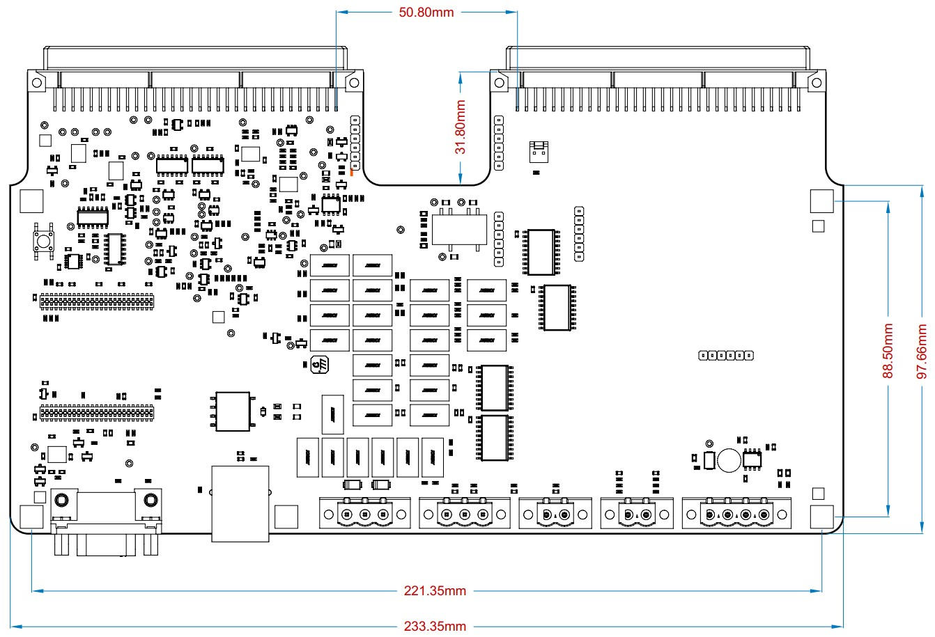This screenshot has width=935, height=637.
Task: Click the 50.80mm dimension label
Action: tap(426, 12)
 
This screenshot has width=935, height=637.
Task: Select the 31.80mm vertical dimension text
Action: tap(460, 127)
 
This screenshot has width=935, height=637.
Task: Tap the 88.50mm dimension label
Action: tap(888, 351)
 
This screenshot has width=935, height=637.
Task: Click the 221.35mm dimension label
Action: tap(435, 591)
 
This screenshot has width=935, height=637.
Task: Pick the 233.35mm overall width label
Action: tap(435, 626)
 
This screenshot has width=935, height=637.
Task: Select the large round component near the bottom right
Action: tap(729, 459)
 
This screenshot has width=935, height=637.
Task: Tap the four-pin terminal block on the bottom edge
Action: tap(737, 514)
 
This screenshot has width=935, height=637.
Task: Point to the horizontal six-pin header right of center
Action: tap(726, 356)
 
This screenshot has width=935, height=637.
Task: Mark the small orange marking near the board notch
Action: tap(352, 173)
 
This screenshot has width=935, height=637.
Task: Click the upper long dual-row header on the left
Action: tap(96, 302)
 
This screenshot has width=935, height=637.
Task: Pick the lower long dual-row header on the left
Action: tap(95, 412)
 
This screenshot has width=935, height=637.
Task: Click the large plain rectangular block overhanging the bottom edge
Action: tap(240, 504)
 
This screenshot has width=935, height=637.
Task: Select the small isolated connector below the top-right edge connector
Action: tap(537, 150)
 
